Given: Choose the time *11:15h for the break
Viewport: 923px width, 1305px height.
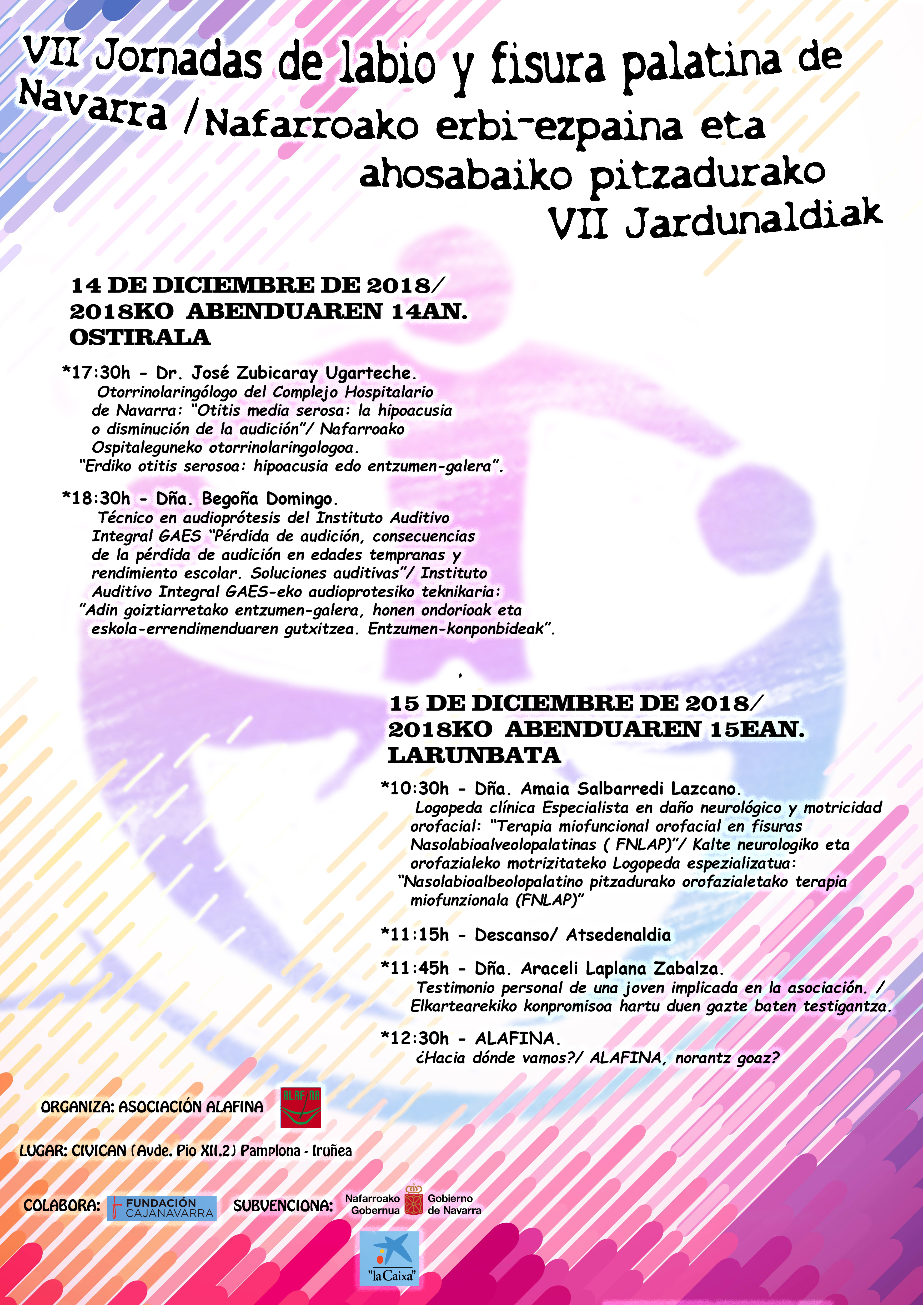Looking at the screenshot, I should (415, 935).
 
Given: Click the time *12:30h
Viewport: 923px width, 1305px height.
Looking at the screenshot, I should (415, 1039).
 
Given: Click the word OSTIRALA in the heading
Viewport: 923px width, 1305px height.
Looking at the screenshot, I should (140, 337).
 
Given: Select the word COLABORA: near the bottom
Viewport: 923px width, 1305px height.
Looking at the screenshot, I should (61, 1206).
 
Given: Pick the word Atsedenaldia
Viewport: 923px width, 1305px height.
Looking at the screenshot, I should (618, 935).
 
